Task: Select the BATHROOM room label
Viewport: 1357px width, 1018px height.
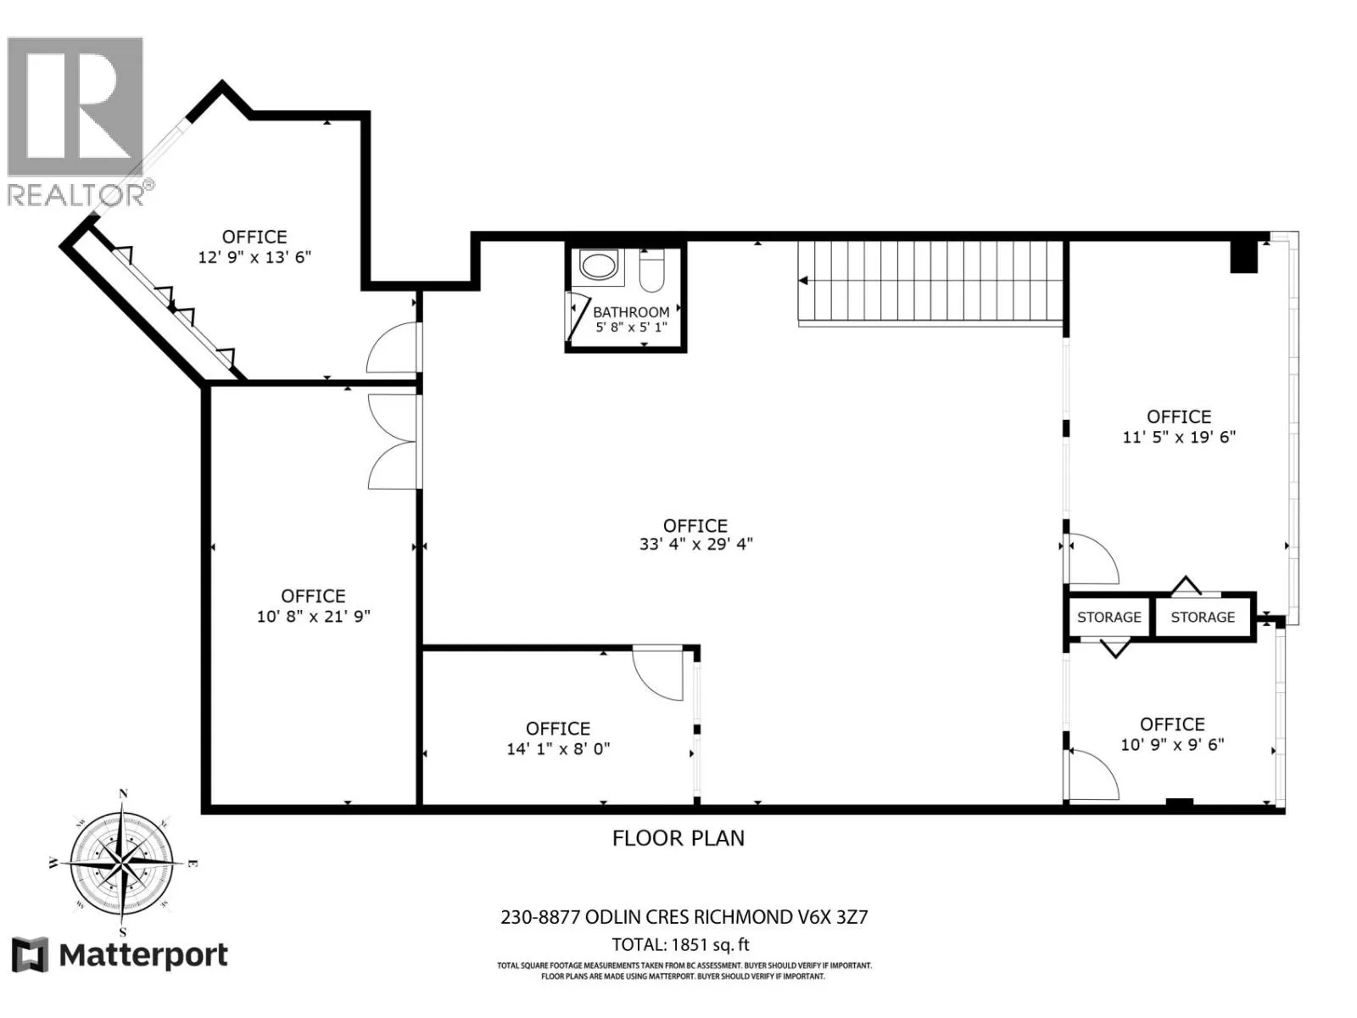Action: point(631,312)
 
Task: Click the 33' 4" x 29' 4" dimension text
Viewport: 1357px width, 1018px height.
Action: point(695,544)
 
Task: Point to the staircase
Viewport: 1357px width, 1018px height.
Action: point(930,282)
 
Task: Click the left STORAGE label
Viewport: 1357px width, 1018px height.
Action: point(1109,617)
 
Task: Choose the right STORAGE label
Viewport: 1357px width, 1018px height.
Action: point(1203,617)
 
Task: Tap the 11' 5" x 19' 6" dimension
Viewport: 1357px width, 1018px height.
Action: point(1179,437)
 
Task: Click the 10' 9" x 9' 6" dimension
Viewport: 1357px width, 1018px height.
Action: point(1172,744)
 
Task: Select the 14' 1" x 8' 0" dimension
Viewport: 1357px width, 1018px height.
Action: point(558,748)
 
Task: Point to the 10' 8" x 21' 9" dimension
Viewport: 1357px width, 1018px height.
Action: point(314,616)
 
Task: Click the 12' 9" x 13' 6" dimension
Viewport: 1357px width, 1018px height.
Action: point(254,257)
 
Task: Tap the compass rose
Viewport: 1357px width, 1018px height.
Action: point(123,863)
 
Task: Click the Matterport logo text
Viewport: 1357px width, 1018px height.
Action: point(143,955)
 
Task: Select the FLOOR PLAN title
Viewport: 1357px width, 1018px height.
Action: point(678,838)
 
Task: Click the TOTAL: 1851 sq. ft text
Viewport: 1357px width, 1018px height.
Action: point(681,944)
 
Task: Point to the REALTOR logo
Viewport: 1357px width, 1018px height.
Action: point(79,122)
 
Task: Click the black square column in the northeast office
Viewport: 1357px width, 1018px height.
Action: point(1244,256)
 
